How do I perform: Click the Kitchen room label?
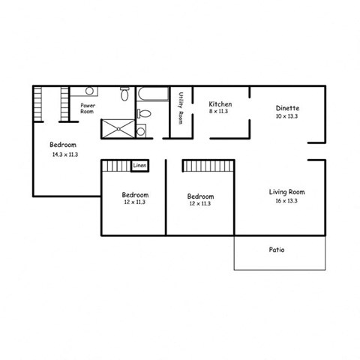[220, 104]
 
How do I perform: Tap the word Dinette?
[286, 108]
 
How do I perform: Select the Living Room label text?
[286, 192]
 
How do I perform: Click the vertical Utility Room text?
[181, 109]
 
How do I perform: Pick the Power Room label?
[88, 108]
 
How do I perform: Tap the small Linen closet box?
[139, 165]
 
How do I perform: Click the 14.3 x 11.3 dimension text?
[65, 154]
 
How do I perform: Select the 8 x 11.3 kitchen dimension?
[220, 112]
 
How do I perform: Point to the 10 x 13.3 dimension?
[286, 116]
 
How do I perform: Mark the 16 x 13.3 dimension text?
[286, 201]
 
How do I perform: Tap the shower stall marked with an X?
[116, 128]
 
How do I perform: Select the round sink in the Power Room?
[89, 91]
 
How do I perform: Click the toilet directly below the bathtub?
[145, 114]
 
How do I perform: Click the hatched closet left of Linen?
[116, 166]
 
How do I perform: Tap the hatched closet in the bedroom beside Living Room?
[208, 165]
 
